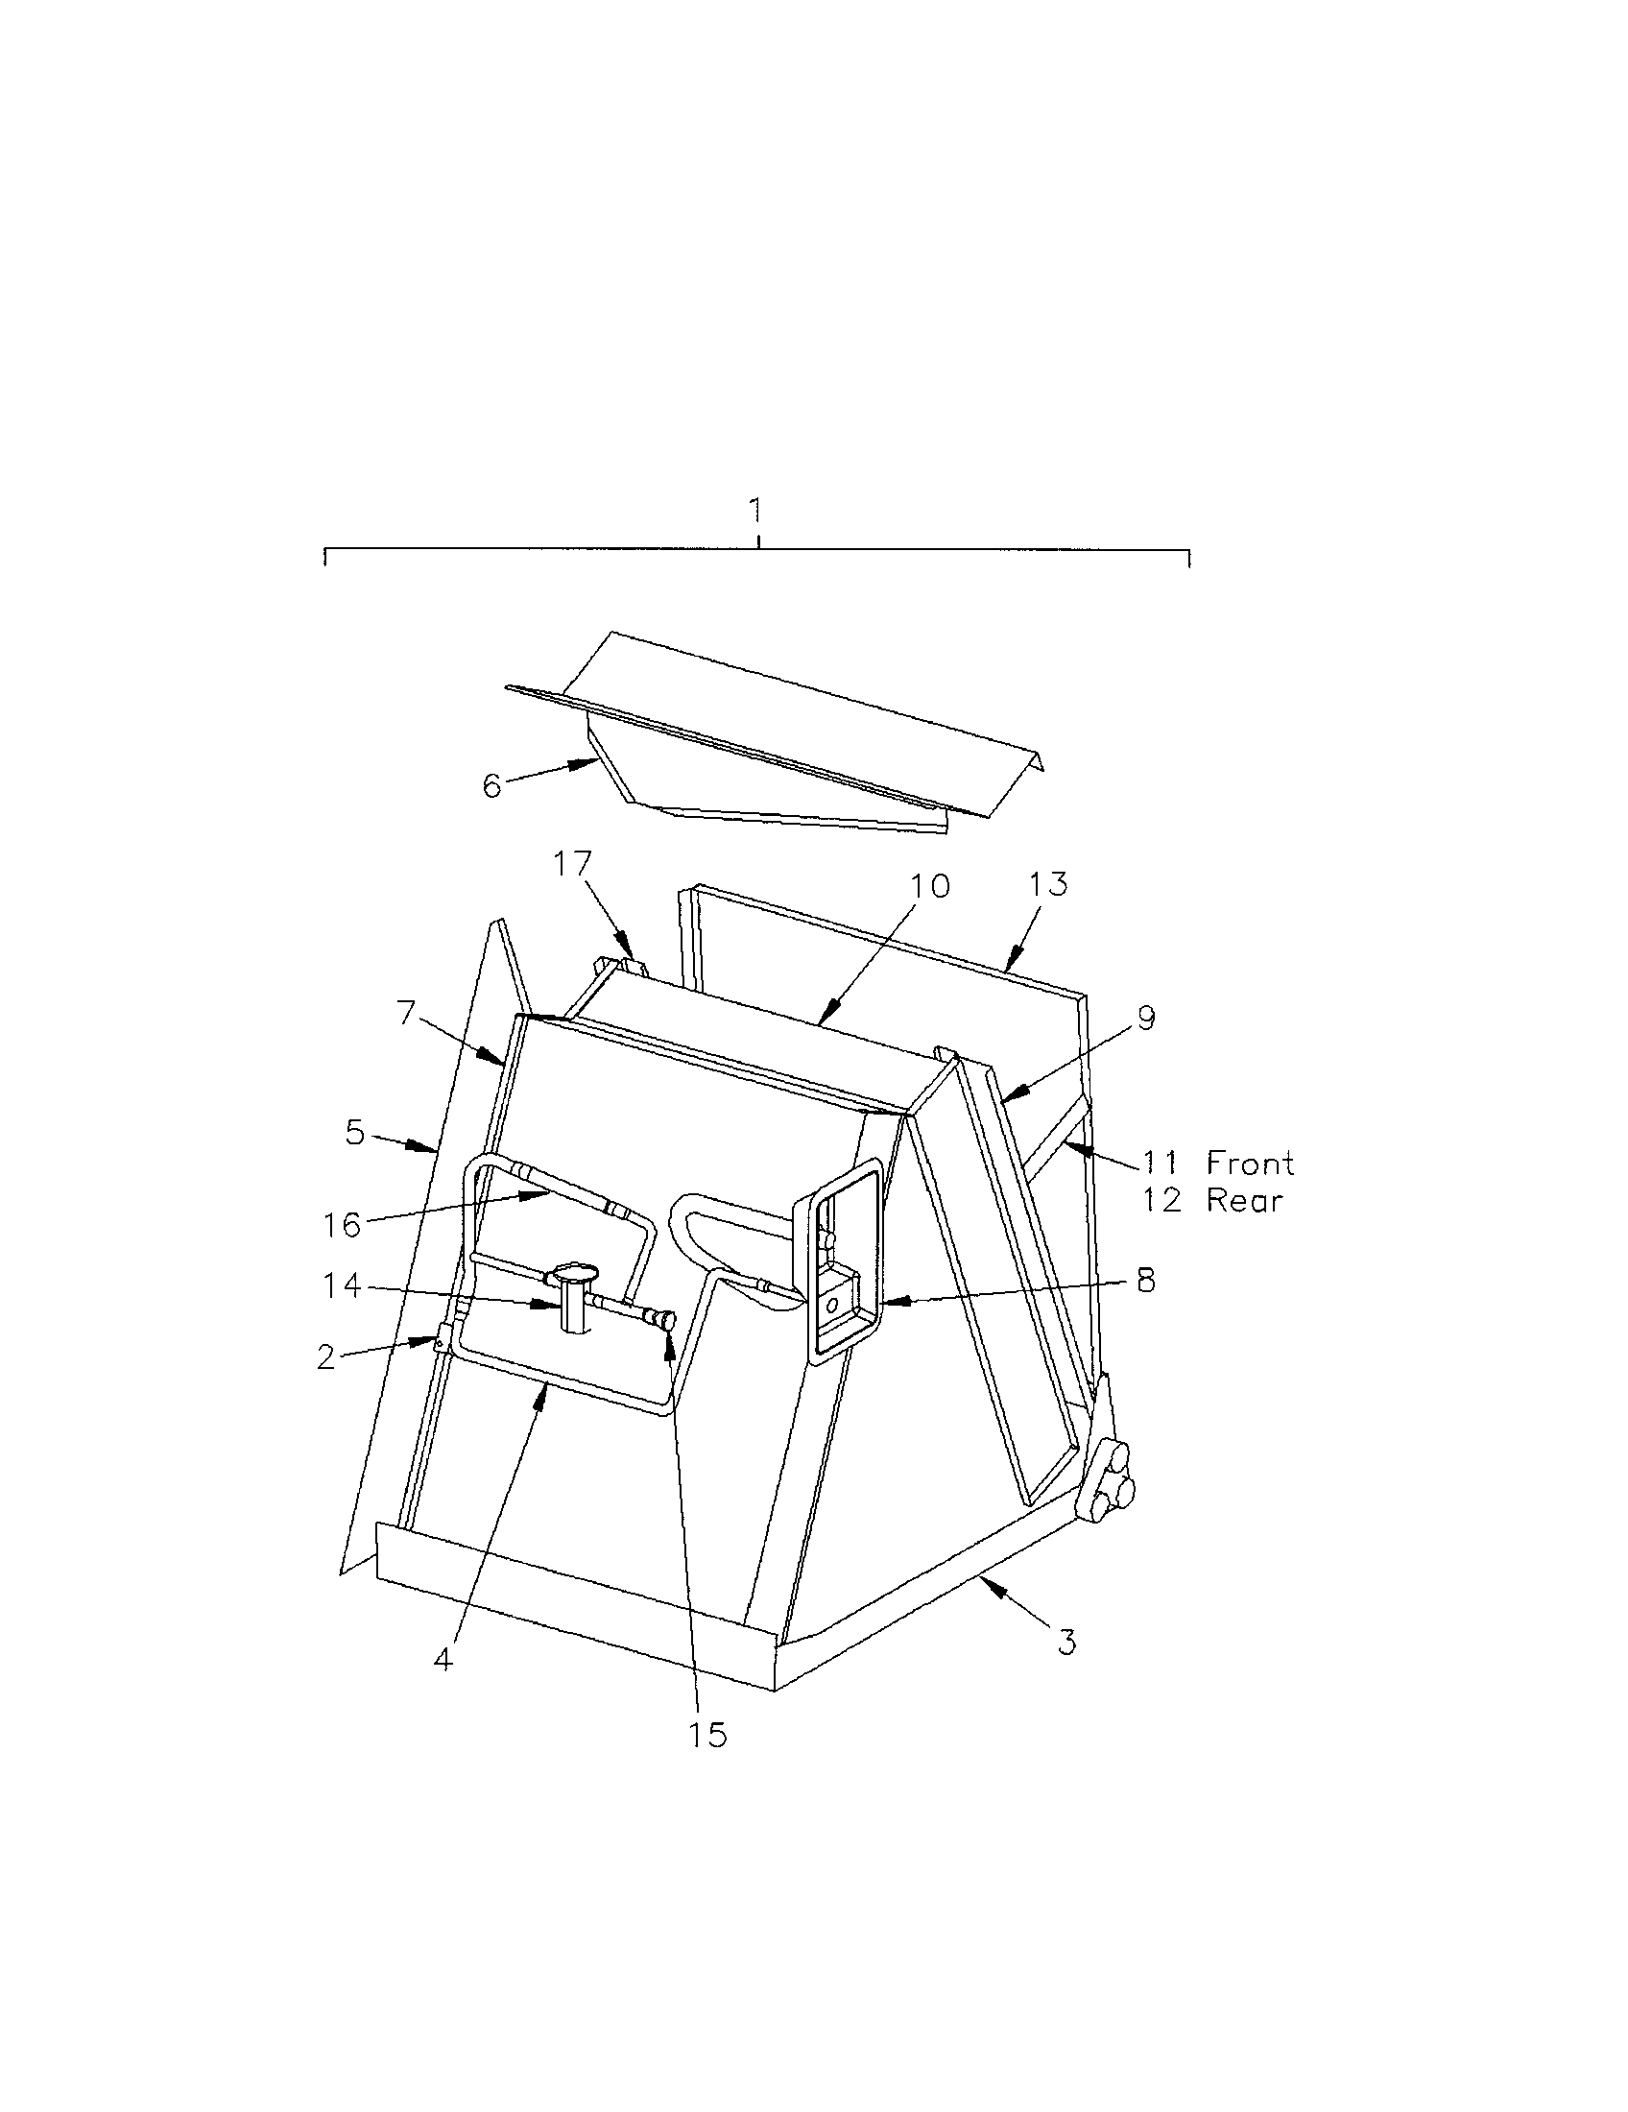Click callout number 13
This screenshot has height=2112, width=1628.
pos(1049,884)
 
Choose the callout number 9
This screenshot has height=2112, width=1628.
pos(1145,1019)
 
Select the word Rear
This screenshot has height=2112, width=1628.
pos(1244,1201)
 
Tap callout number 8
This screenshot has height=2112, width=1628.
pos(1145,1281)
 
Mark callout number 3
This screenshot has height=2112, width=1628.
pos(1066,1641)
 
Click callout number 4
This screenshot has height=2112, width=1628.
pos(443,1660)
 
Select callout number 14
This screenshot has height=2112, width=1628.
pos(343,1287)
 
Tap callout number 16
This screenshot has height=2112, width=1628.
pos(343,1225)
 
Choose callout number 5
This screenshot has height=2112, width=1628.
pos(356,1133)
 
